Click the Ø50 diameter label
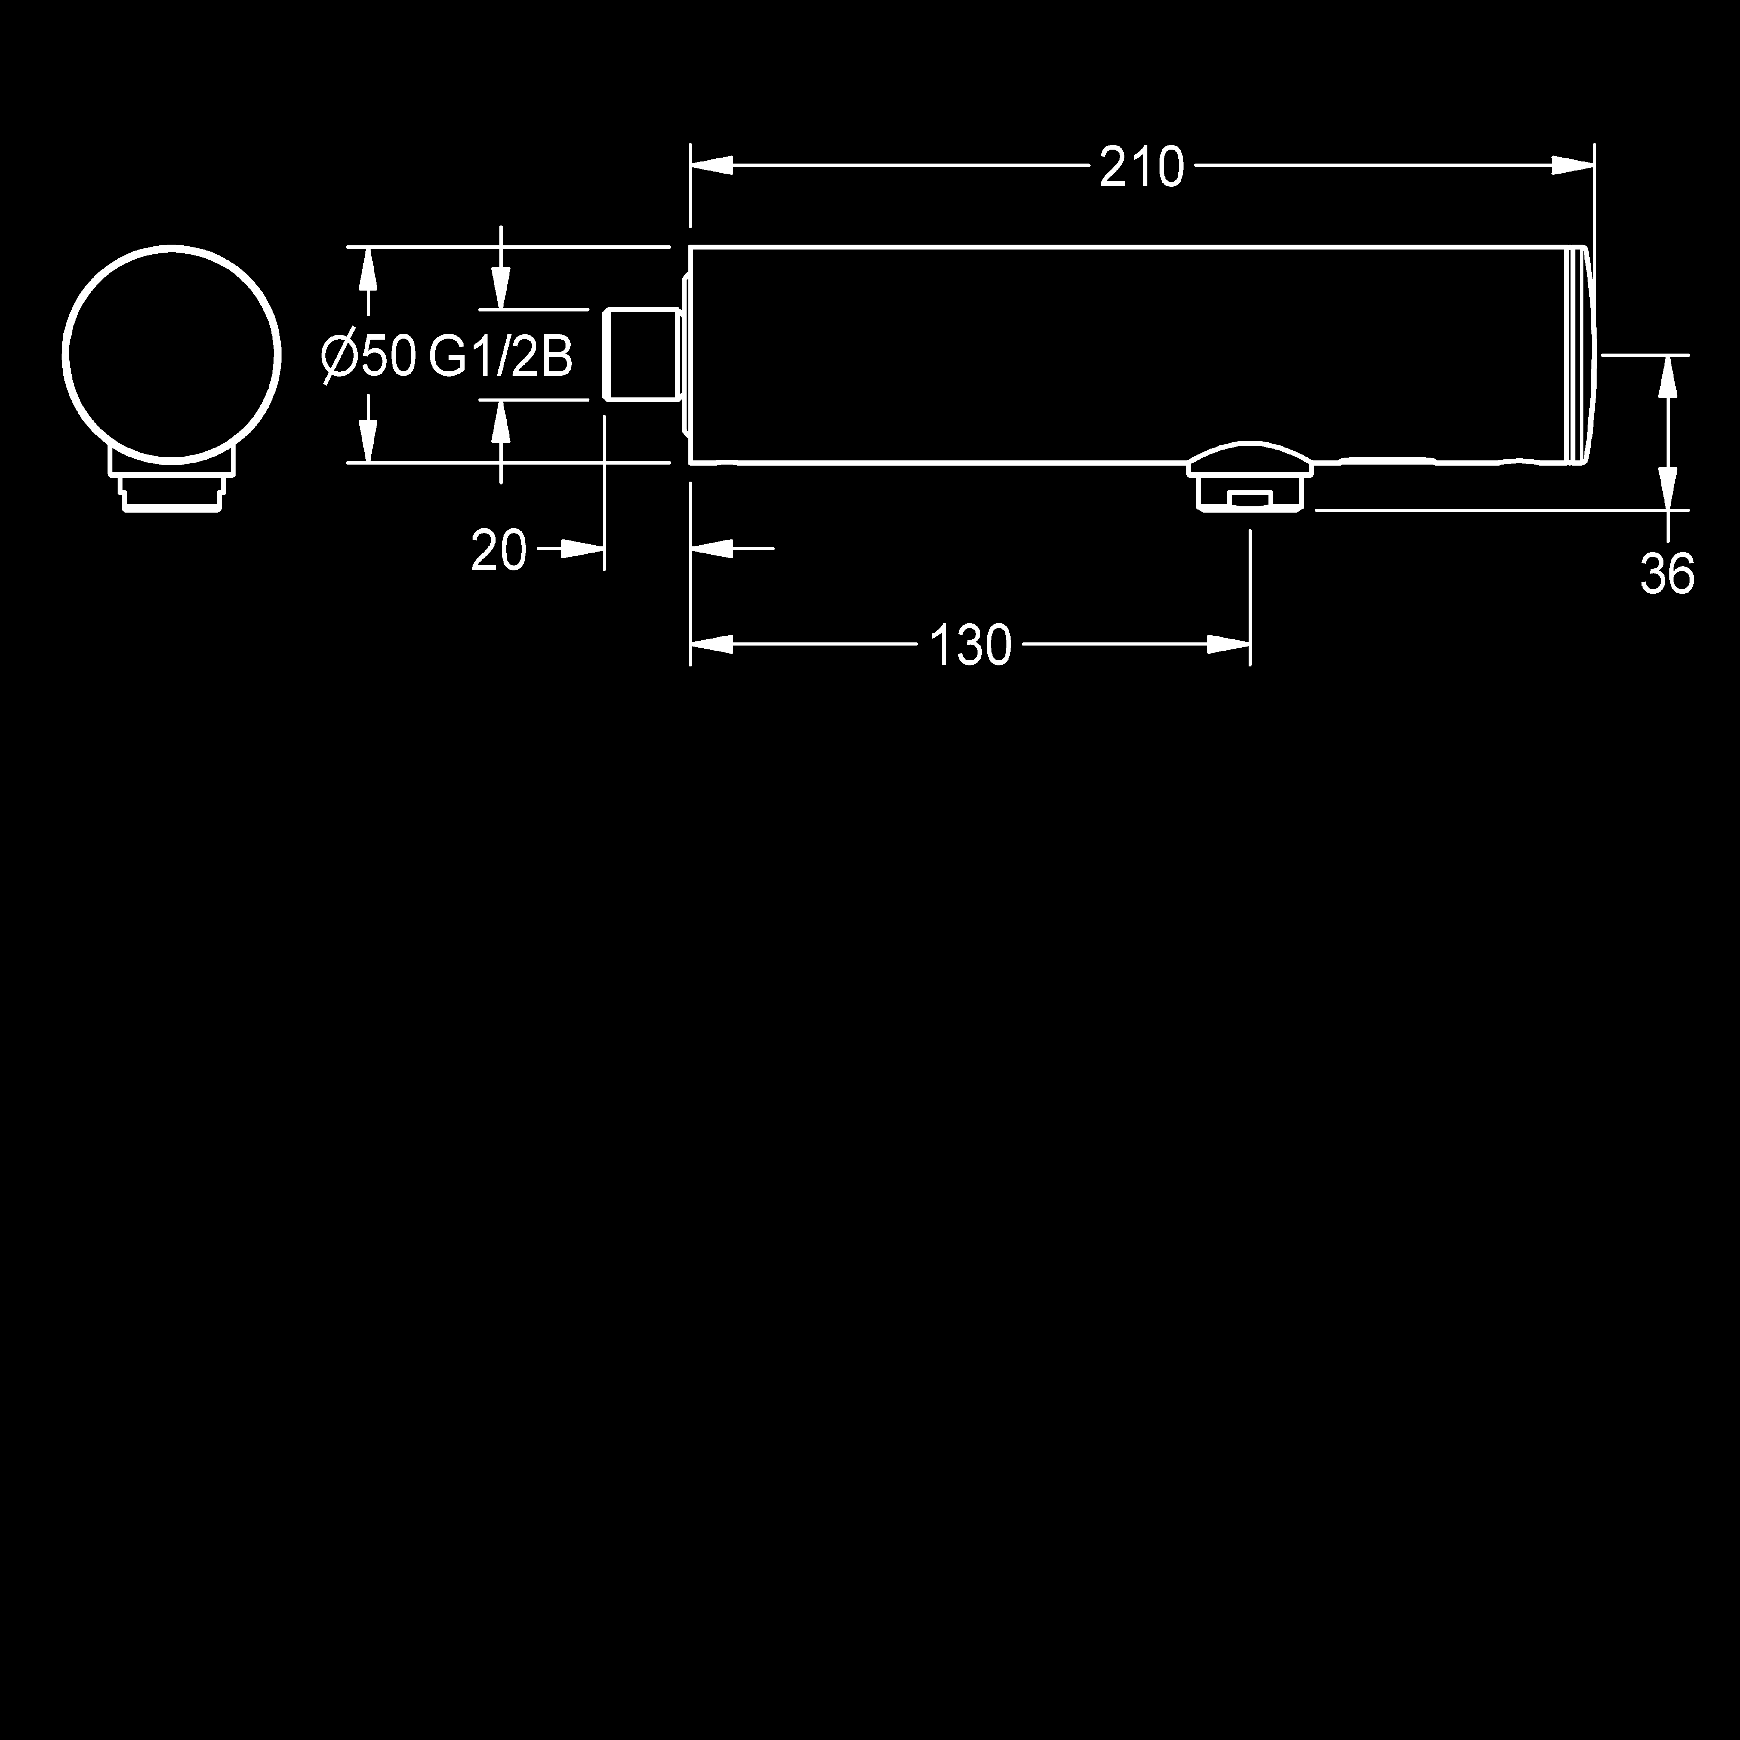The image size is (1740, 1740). (369, 357)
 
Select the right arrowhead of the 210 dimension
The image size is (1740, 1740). (1573, 166)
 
